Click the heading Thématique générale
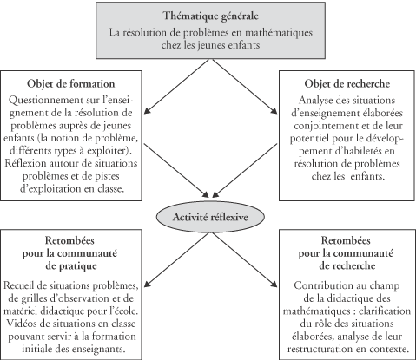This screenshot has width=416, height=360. (211, 16)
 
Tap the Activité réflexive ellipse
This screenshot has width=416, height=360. (210, 217)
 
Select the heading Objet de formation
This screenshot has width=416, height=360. (71, 84)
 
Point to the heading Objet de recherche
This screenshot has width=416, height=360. (347, 84)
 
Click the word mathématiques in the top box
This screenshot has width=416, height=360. (279, 33)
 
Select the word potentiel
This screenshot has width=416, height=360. (309, 139)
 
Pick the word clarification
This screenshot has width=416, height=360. (385, 311)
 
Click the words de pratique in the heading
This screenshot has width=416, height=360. (71, 266)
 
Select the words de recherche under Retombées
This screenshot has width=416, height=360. (347, 266)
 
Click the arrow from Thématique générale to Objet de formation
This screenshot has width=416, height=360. (176, 87)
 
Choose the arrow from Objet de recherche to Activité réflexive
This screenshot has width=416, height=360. (245, 171)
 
